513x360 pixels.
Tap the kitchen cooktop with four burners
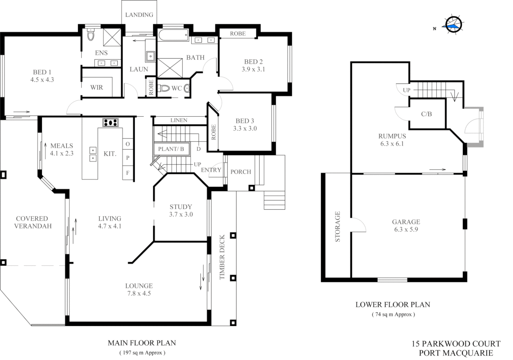coord(110,122)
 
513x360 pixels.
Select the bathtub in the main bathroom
coord(173,35)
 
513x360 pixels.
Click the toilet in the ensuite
coord(91,35)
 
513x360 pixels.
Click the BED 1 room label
coord(42,72)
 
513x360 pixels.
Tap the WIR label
coord(97,87)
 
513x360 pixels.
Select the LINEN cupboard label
coord(179,120)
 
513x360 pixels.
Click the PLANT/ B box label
coord(171,149)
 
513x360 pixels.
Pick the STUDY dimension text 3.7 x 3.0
coord(181,214)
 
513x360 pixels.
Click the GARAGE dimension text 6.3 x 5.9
coord(406,229)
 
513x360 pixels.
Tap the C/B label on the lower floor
coord(426,114)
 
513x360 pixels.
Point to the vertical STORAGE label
coord(337,226)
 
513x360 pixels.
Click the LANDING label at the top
coord(139,15)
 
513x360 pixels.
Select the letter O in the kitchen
coord(128,144)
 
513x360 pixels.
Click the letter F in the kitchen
coord(128,173)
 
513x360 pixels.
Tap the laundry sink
coord(151,56)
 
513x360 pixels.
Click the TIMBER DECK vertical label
coord(222,257)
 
